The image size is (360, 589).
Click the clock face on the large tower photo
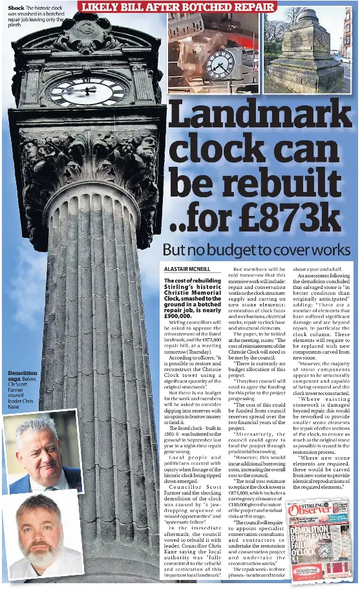87,91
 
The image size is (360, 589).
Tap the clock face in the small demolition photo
220,64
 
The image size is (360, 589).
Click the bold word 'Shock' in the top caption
16,7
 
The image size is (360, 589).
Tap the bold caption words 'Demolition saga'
21,377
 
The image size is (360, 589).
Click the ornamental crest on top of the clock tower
87,32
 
